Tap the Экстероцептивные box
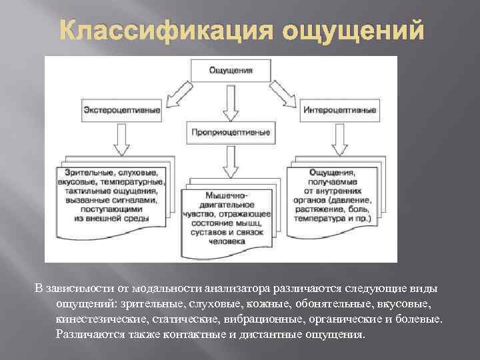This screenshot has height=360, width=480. click(122, 110)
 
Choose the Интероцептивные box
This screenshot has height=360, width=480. click(338, 110)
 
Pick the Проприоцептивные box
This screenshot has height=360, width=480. click(230, 132)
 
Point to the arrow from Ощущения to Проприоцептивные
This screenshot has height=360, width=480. click(230, 101)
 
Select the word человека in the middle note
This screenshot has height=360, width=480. click(227, 242)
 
